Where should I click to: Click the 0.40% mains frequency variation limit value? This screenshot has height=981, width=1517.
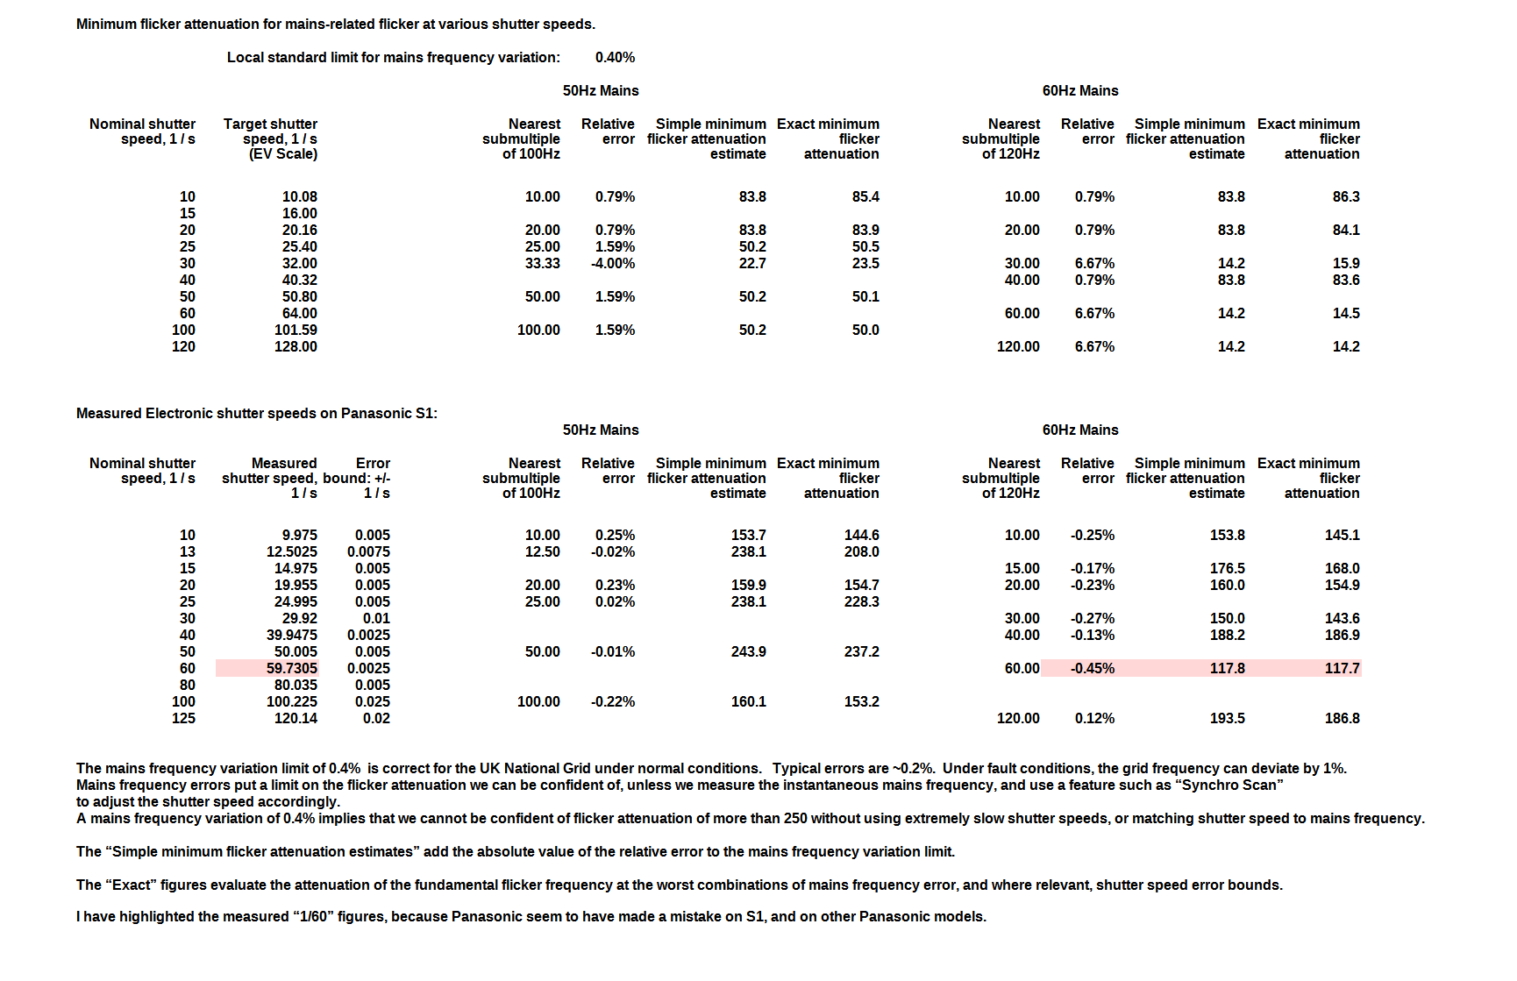[615, 58]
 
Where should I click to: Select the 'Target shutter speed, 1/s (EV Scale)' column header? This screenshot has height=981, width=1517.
[270, 139]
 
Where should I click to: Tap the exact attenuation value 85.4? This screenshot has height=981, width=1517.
[865, 197]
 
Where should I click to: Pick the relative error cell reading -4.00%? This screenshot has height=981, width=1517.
[613, 264]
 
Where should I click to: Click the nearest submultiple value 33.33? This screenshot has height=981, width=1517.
[542, 264]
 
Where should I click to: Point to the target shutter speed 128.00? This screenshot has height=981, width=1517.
[296, 347]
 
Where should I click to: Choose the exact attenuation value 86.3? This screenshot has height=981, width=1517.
[1345, 197]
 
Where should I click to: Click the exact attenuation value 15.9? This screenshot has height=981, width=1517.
[1345, 264]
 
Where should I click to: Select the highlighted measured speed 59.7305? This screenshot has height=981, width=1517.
[292, 669]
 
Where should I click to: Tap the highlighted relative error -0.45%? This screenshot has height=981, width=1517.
[1092, 669]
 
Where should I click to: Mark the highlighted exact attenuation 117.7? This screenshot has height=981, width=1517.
[1342, 669]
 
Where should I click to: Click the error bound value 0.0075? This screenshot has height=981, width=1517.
[368, 552]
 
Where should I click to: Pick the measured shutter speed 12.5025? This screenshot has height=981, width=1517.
[292, 552]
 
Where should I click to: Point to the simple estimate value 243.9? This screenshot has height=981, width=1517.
[748, 652]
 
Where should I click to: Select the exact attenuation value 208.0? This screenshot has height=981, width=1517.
[861, 552]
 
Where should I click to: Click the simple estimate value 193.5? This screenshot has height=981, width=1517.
[1227, 719]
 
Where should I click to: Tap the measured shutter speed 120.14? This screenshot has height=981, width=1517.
[296, 719]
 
